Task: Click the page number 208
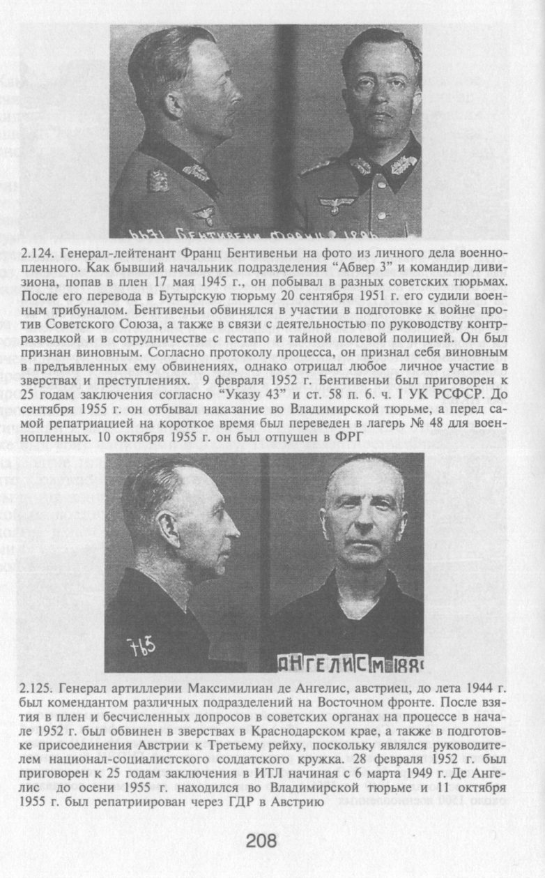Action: tap(261, 841)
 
